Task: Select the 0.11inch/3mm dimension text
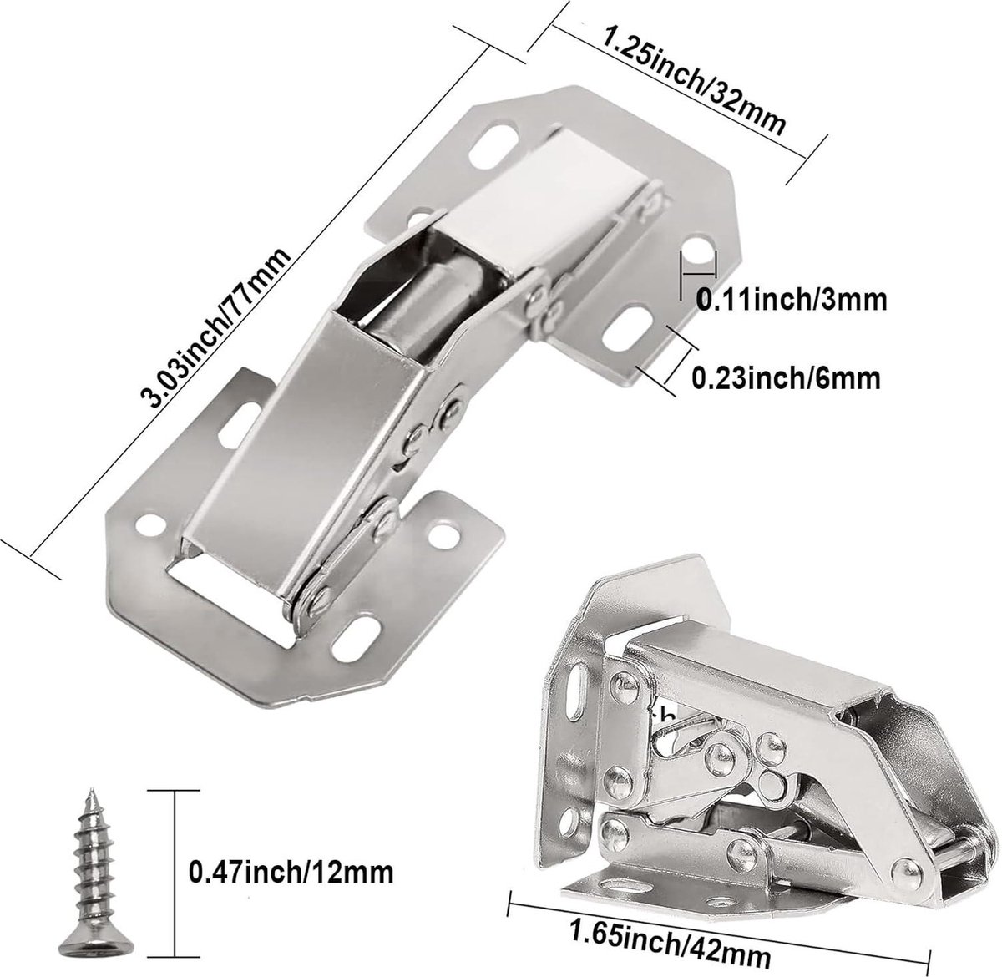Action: coord(792,301)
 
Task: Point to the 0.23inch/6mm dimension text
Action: coord(785,379)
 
